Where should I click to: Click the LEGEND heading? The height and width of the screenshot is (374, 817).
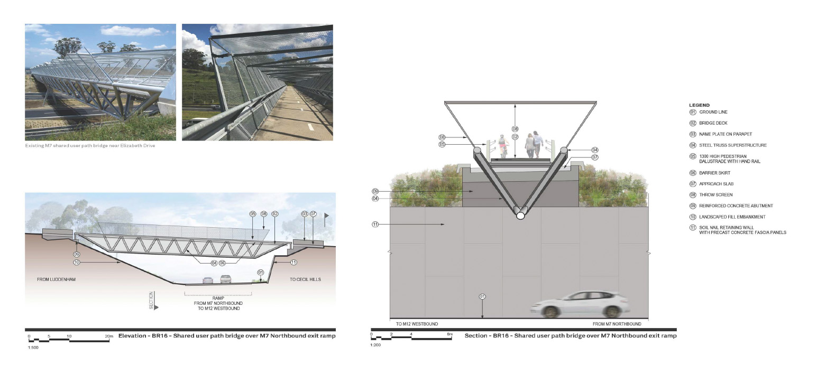point(699,105)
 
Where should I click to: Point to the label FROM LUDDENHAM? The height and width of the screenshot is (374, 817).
point(57,279)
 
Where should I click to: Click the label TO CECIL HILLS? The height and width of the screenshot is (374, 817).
point(305,279)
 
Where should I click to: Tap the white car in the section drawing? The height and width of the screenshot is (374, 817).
point(580,304)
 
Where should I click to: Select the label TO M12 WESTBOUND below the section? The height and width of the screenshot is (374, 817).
point(417,324)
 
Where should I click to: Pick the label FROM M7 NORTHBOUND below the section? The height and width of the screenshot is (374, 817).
point(617,324)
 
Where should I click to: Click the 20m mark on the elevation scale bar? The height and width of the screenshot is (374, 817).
point(109,336)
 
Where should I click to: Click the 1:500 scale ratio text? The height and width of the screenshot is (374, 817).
point(32,347)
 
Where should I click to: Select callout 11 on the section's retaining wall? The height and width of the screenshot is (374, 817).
point(375,225)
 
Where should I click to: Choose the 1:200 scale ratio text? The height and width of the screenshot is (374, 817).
point(375,345)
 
